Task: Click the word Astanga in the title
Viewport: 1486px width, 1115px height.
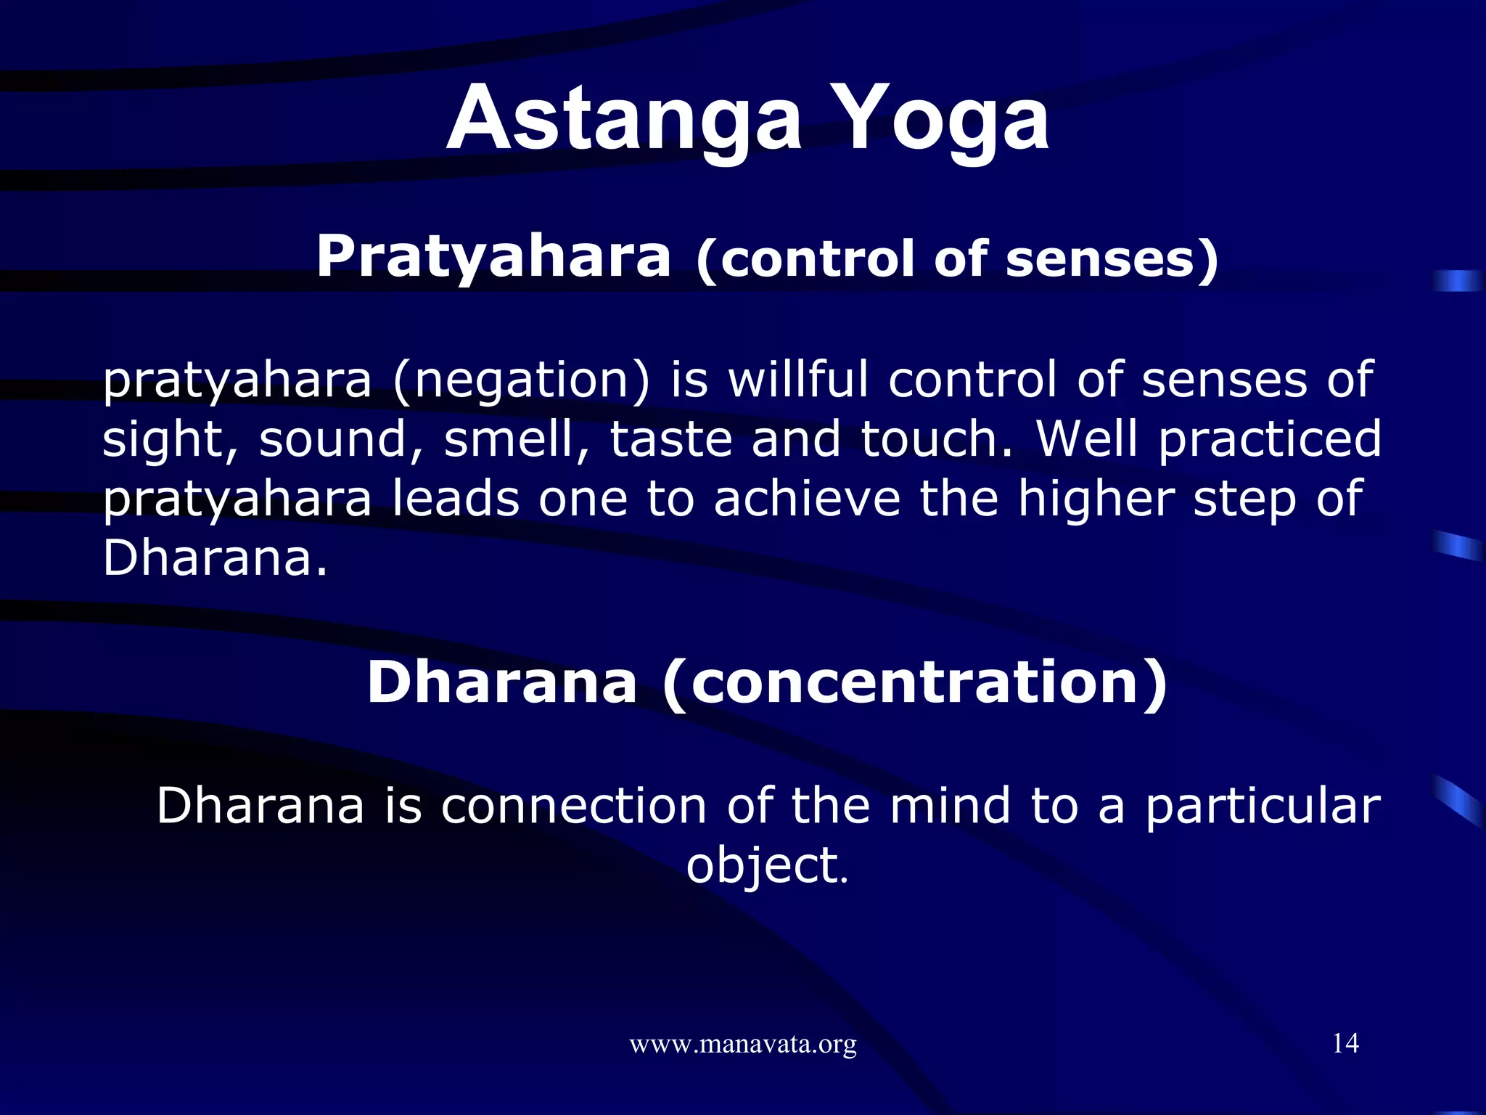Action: [x=624, y=120]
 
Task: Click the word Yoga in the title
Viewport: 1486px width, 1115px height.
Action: [x=947, y=120]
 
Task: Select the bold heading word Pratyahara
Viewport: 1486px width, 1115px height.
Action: [x=493, y=258]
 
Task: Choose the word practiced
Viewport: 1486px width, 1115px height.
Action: [x=1270, y=441]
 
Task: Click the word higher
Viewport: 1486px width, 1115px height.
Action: [x=1096, y=500]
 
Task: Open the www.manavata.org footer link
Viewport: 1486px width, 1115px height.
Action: [x=743, y=1045]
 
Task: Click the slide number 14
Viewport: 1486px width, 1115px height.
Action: [x=1345, y=1043]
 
